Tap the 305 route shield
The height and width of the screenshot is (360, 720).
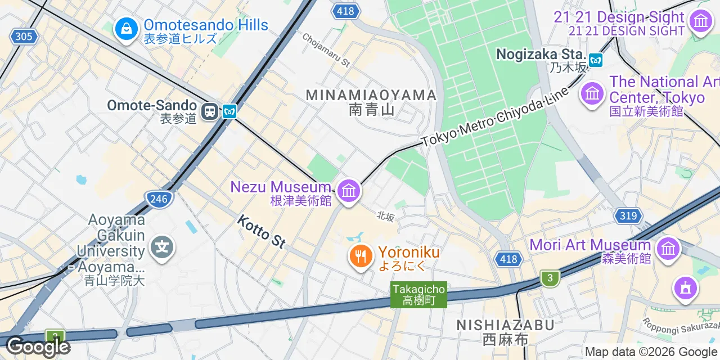pyautogui.click(x=24, y=37)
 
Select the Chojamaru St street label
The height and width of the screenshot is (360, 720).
pyautogui.click(x=326, y=49)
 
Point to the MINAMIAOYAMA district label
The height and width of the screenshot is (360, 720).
pyautogui.click(x=371, y=96)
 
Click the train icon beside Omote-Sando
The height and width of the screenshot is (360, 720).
pyautogui.click(x=210, y=111)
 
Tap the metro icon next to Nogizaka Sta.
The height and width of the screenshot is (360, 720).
pyautogui.click(x=595, y=58)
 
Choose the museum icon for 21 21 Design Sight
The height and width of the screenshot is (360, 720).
pyautogui.click(x=700, y=22)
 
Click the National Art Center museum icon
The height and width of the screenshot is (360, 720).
pyautogui.click(x=592, y=92)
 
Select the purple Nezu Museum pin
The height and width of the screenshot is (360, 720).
pyautogui.click(x=349, y=191)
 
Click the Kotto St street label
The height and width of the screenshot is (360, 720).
pyautogui.click(x=262, y=231)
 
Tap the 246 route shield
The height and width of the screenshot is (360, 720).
pyautogui.click(x=160, y=199)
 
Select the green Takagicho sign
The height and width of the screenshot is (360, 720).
pyautogui.click(x=419, y=295)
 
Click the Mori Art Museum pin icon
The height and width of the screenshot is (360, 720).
pyautogui.click(x=668, y=247)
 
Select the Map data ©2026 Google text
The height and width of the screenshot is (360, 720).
pyautogui.click(x=651, y=352)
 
